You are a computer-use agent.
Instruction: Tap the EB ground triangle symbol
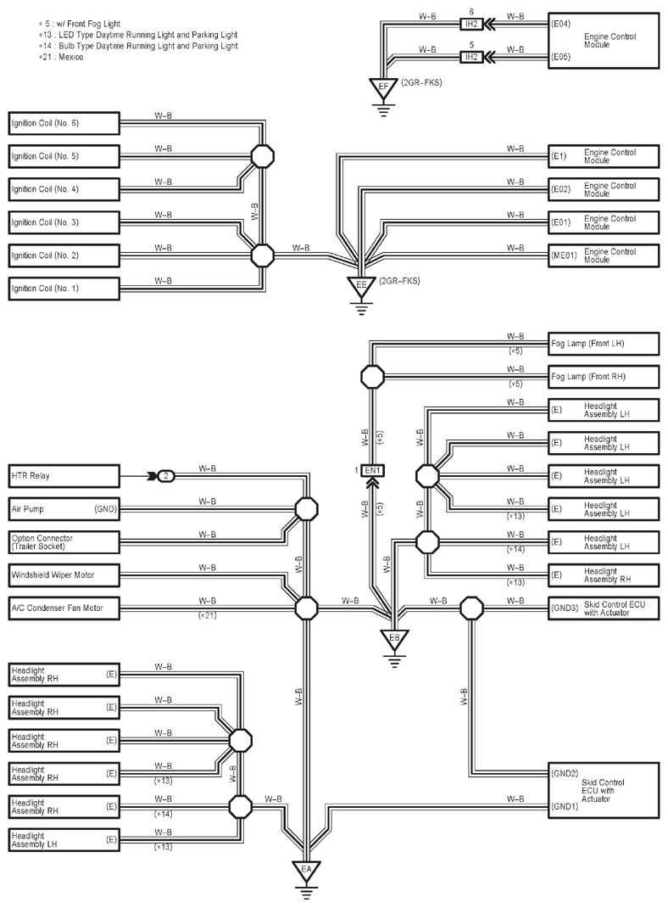[x=394, y=639]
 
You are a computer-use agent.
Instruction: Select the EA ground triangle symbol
[x=306, y=871]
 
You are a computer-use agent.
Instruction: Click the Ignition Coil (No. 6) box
[x=64, y=123]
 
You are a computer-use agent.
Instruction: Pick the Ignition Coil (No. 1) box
[x=64, y=289]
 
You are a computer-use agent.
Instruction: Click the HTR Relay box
[x=64, y=476]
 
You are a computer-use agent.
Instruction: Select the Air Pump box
[x=64, y=509]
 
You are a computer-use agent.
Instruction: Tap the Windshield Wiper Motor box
[x=64, y=575]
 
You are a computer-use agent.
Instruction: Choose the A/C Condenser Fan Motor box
[x=64, y=608]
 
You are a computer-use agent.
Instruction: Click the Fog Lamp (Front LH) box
[x=604, y=344]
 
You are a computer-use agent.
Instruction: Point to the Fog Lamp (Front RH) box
[x=604, y=377]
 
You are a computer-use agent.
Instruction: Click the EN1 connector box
[x=372, y=471]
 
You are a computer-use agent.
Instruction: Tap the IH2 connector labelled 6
[x=471, y=25]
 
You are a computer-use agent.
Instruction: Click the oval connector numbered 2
[x=166, y=476]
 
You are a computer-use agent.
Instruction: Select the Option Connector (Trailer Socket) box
[x=64, y=542]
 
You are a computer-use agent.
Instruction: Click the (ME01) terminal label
[x=564, y=255]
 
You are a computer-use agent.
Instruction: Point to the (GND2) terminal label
[x=565, y=773]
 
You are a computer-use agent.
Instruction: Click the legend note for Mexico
[x=61, y=57]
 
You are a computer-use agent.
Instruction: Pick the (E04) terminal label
[x=561, y=25]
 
